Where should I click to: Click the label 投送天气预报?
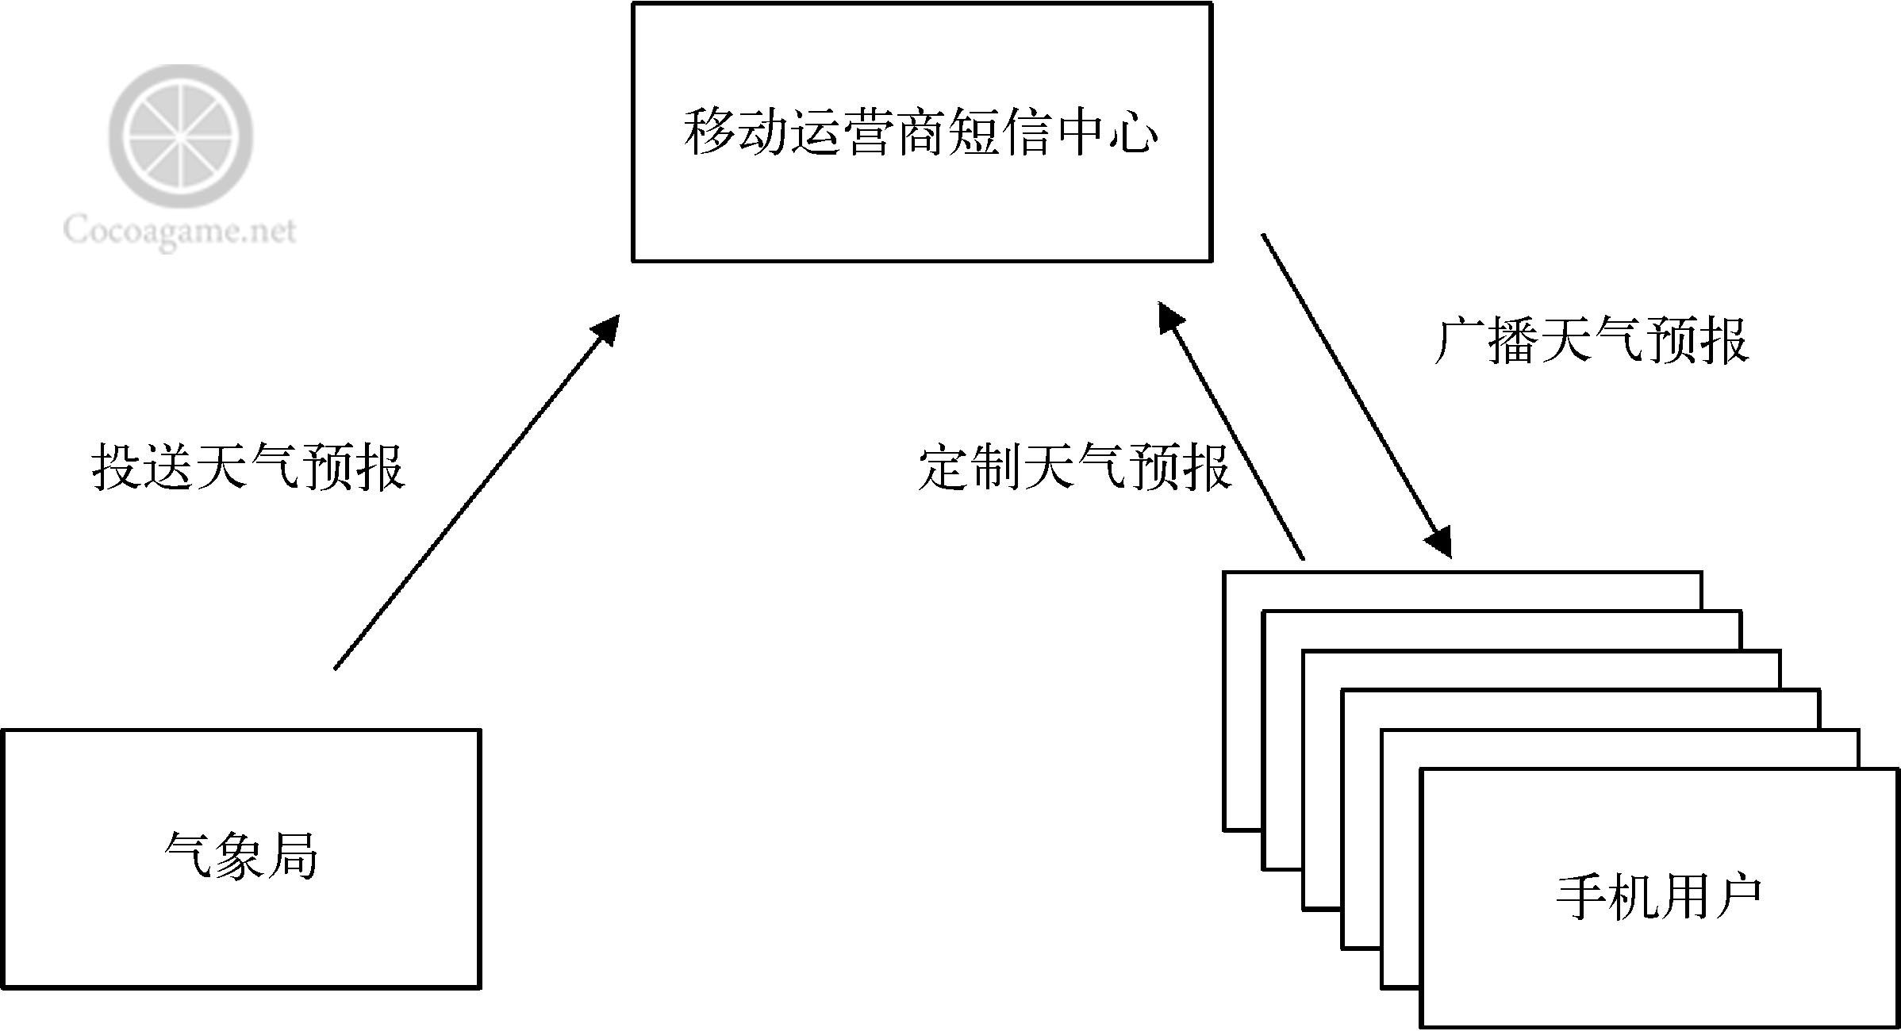(248, 467)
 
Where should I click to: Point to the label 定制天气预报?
(1074, 467)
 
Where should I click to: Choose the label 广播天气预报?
(1592, 342)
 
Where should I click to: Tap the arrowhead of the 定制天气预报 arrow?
(1169, 317)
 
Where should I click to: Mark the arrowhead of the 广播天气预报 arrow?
(1440, 543)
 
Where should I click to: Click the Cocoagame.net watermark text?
(179, 232)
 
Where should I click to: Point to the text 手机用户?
(1658, 897)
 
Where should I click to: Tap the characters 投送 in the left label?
(143, 467)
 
